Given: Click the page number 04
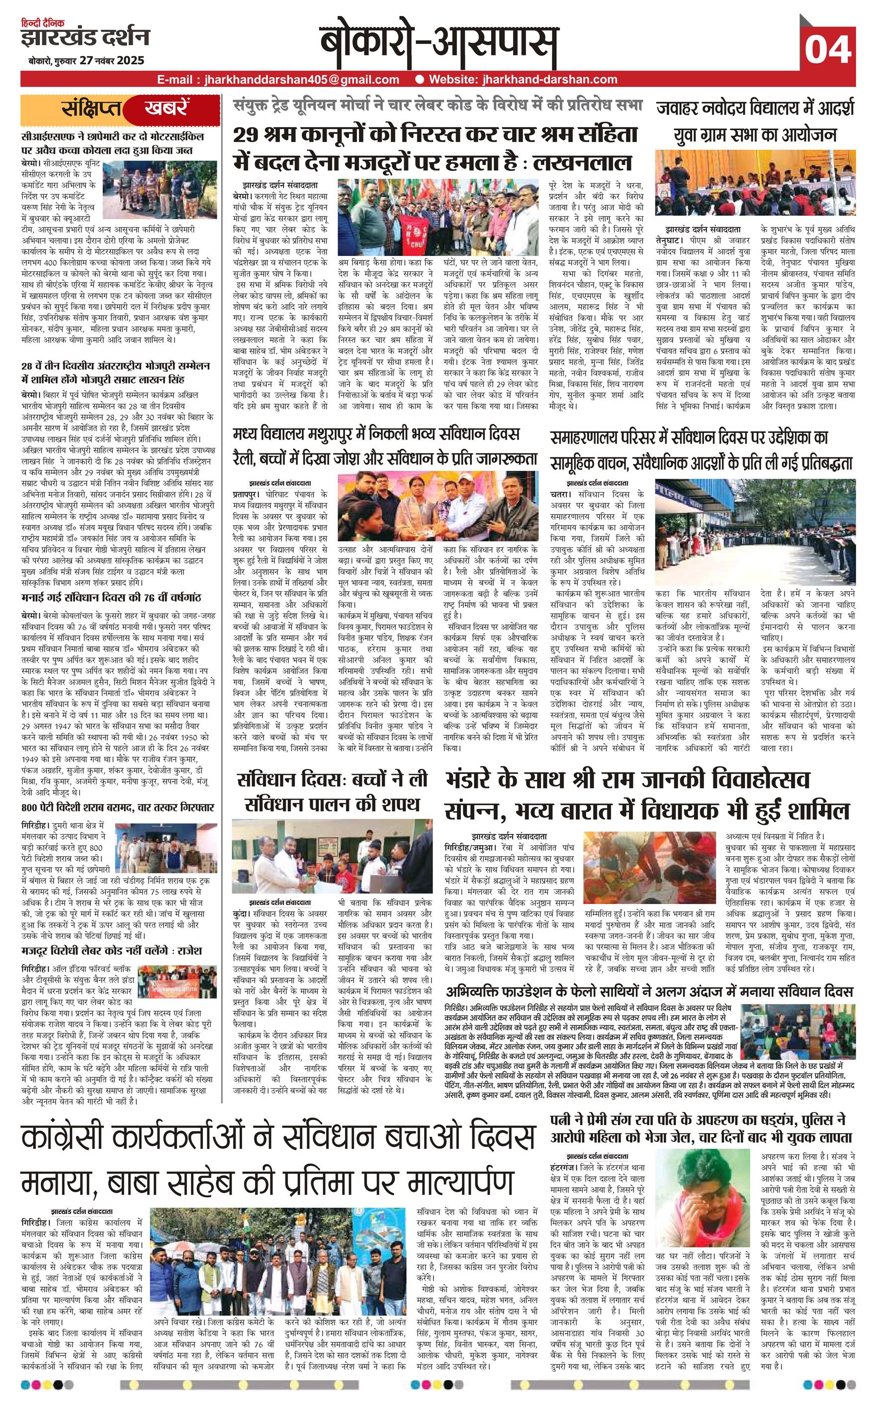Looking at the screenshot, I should click(828, 49).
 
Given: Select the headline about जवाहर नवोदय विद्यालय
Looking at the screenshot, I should click(755, 121).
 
